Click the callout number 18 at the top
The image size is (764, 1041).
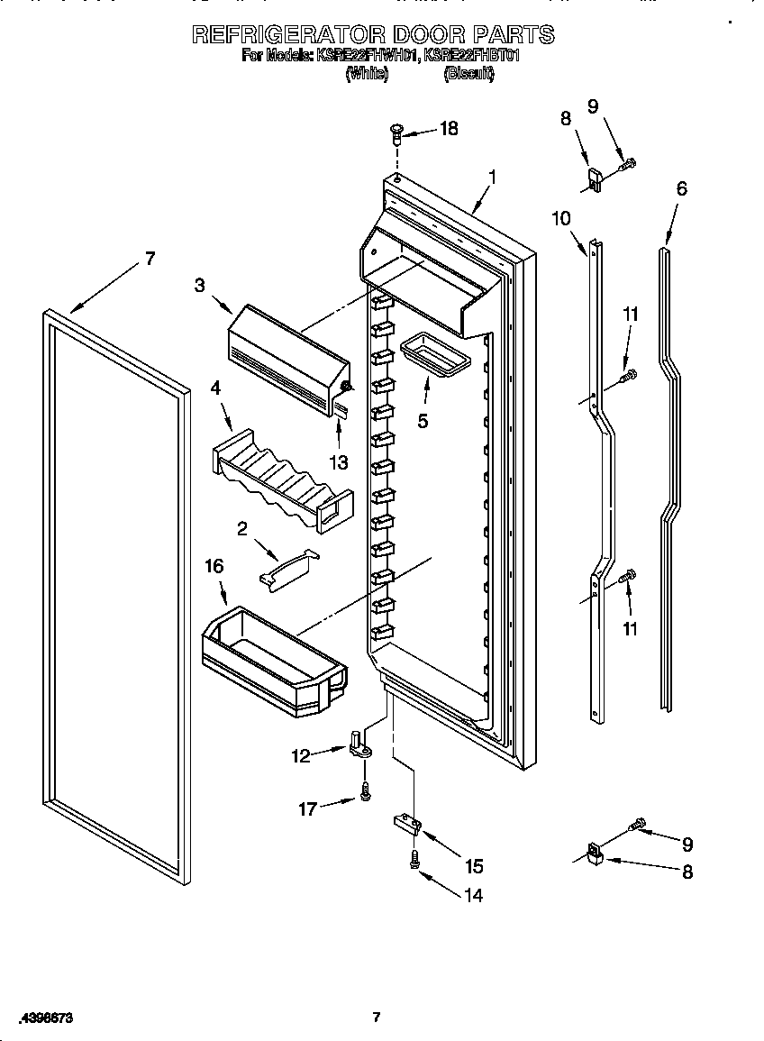(447, 129)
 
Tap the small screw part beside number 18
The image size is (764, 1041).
(396, 134)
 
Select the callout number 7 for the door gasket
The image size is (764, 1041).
(150, 259)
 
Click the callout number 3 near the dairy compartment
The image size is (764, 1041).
(199, 286)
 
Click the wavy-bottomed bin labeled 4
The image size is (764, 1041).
(279, 475)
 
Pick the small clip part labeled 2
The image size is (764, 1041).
(287, 569)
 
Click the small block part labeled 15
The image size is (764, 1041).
(405, 823)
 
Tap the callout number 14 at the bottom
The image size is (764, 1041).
(472, 895)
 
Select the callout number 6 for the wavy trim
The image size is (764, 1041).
(681, 188)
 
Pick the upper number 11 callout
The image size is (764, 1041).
(631, 315)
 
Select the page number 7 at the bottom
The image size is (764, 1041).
(377, 1018)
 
